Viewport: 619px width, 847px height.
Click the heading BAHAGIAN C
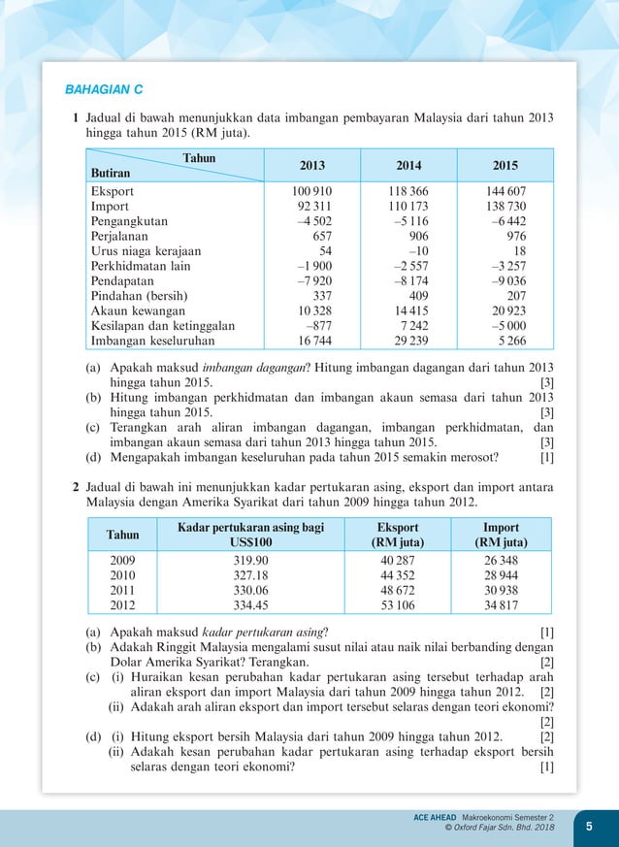104,90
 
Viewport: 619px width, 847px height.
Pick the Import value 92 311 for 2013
312,207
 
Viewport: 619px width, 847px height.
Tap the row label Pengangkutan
129,221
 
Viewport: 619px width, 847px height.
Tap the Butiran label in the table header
111,172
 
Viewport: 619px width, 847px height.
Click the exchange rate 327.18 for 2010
250,575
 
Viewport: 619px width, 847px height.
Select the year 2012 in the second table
122,605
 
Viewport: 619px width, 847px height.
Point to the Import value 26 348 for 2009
502,561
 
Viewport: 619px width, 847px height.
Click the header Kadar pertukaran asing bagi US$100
250,535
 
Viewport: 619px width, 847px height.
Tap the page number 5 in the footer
588,826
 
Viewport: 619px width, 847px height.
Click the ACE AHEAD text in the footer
436,819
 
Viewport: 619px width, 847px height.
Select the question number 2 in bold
76,485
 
